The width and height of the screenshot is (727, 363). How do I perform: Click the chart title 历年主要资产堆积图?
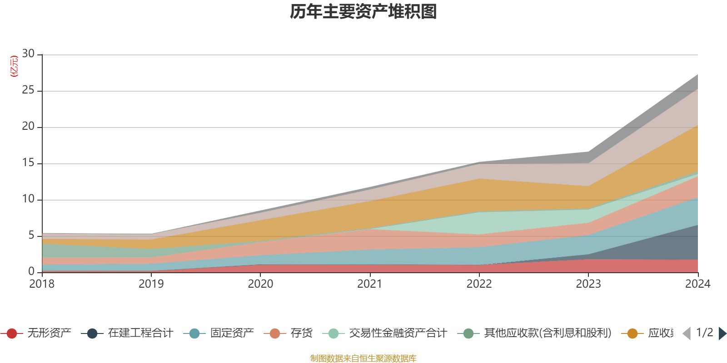[363, 12]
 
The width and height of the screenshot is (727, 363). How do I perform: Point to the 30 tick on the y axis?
[28, 54]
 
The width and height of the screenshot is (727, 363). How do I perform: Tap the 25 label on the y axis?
[28, 90]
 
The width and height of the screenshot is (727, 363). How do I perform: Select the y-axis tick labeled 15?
[28, 163]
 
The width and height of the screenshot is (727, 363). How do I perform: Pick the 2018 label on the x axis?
[42, 284]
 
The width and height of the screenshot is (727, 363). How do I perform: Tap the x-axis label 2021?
[369, 284]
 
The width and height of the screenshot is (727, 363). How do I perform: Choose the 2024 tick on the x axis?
[697, 284]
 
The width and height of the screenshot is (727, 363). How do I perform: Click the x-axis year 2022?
[479, 284]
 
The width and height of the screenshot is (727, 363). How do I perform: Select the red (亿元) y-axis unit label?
[14, 66]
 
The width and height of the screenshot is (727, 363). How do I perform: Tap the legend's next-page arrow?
[722, 334]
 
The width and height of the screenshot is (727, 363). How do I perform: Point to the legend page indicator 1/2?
[704, 333]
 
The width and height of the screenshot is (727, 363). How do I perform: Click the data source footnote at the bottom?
[363, 358]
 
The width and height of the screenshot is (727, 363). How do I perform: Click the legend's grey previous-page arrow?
[687, 334]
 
